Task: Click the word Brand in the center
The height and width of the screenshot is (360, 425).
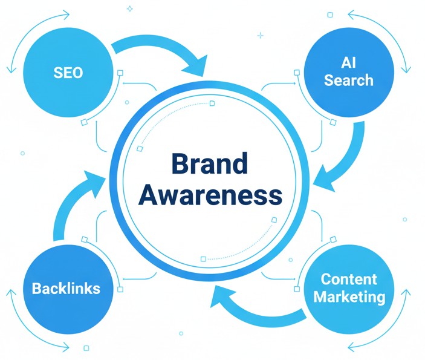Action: point(209,165)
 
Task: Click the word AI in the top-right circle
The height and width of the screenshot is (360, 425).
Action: point(348,62)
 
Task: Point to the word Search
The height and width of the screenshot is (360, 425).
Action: point(348,80)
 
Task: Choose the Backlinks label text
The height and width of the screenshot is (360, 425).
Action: point(65,287)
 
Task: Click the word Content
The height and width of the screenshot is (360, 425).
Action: point(349,280)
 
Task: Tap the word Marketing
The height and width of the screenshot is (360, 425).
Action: point(349,297)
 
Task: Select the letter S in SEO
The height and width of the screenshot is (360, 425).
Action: point(57,74)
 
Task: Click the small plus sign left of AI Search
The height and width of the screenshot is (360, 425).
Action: point(260,36)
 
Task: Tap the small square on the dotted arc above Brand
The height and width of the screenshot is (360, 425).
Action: point(212,103)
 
